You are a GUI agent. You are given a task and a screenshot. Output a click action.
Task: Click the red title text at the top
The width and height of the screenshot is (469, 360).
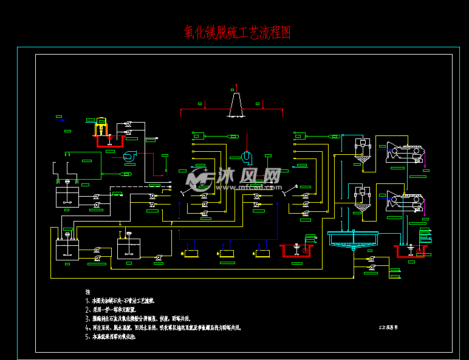[x=238, y=33]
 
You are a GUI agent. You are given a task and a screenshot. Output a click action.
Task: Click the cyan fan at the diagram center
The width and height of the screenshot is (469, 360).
[x=246, y=157]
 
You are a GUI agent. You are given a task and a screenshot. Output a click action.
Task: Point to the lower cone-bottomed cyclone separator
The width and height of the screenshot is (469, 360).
[x=363, y=200]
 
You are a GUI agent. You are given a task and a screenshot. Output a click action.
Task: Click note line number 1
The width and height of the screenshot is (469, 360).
[x=122, y=301]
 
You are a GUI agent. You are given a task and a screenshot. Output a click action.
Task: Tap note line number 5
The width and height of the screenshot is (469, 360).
[x=113, y=336]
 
